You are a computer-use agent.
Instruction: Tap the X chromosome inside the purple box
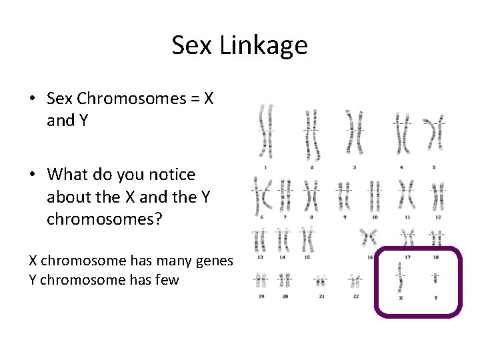point(400,276)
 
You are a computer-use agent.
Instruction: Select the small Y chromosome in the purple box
point(435,278)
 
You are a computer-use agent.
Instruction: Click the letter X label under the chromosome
point(400,297)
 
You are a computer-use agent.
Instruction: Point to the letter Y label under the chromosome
point(436,297)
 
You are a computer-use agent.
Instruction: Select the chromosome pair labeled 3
point(354,131)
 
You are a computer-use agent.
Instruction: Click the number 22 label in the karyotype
point(355,296)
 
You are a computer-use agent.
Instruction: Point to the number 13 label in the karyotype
point(261,257)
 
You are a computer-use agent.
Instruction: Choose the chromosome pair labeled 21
point(321,281)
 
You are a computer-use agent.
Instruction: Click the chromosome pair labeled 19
point(261,280)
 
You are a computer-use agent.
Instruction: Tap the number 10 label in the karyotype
point(375,217)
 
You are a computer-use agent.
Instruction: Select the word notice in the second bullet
point(172,175)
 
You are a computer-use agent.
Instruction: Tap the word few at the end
point(167,279)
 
